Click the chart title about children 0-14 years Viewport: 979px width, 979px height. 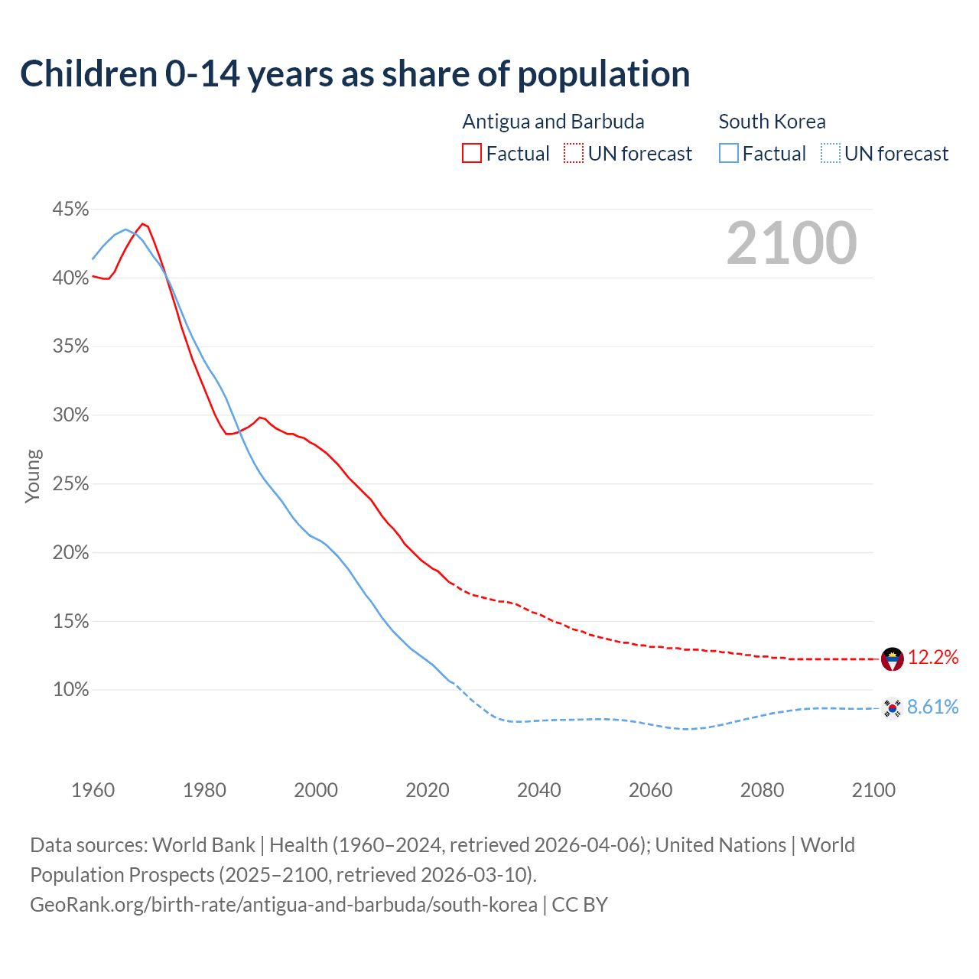click(355, 74)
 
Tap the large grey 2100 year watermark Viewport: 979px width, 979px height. click(792, 243)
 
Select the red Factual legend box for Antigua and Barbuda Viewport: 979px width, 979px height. click(472, 154)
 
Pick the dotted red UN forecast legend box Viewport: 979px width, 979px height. click(574, 154)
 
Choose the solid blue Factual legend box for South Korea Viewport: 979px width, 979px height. click(729, 154)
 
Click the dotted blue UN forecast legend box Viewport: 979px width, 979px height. click(831, 154)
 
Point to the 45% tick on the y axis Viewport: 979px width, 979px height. click(70, 210)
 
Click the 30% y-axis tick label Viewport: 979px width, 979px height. click(70, 415)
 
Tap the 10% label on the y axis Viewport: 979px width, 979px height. click(70, 690)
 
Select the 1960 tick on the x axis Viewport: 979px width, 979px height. click(93, 790)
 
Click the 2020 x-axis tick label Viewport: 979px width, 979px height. click(427, 790)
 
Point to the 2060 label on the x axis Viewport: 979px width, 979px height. click(650, 790)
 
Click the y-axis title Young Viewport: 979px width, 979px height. click(33, 476)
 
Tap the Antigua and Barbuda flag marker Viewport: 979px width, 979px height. click(892, 659)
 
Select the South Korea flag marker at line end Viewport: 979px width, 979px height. click(892, 708)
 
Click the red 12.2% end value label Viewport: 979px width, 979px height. click(933, 658)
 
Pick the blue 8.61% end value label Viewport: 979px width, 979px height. click(933, 707)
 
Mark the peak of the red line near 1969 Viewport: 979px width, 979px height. click(142, 223)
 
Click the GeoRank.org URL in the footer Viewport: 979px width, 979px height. click(284, 905)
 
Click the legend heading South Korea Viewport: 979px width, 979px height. click(772, 122)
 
